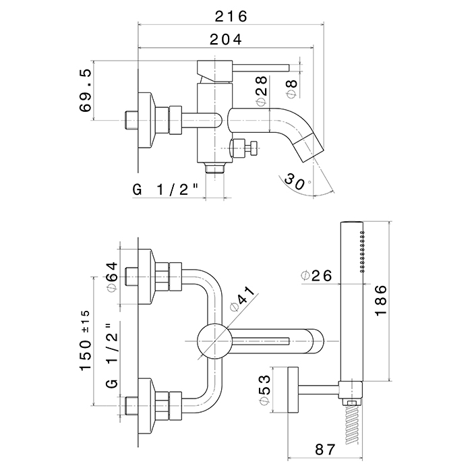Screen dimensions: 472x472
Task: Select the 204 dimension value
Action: (225, 40)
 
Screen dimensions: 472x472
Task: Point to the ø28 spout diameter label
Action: (262, 90)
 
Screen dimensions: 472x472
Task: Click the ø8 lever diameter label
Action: (291, 86)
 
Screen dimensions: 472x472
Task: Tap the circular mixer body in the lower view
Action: (212, 338)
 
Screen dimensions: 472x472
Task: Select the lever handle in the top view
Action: (260, 66)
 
